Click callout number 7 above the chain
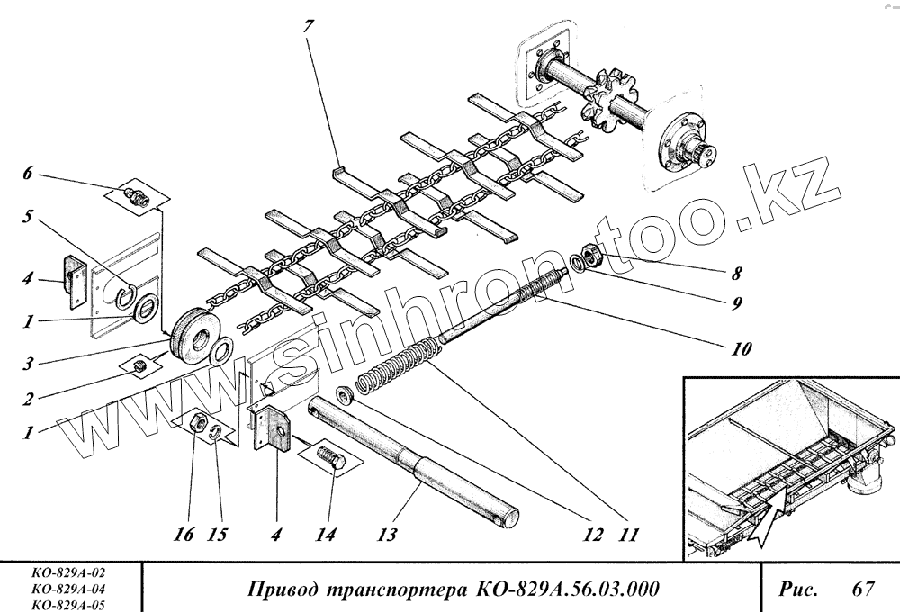coord(309,26)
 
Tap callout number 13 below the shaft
coord(386,535)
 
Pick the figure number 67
coord(863,589)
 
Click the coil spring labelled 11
coord(396,364)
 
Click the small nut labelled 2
coord(140,365)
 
